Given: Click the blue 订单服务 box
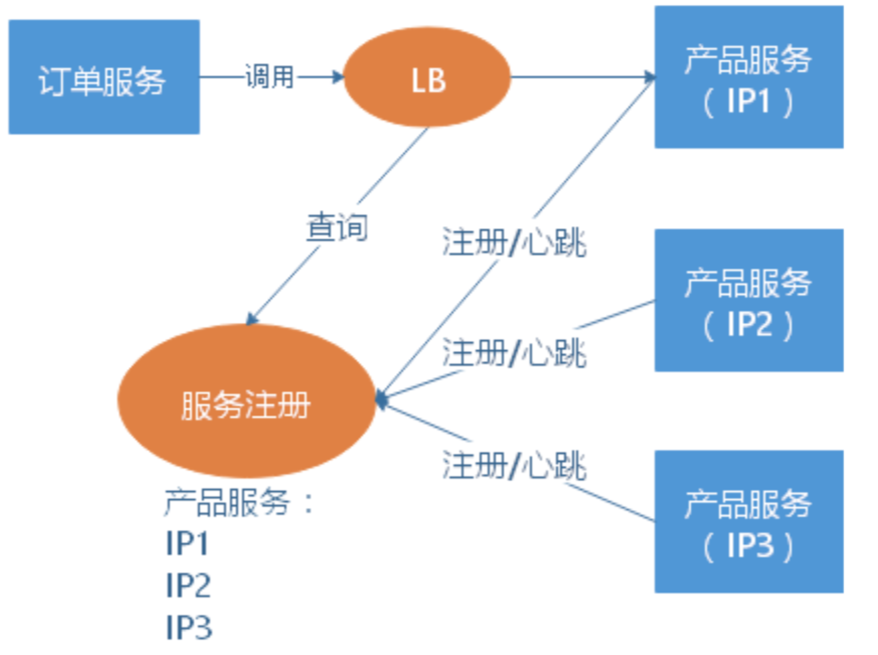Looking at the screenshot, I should click(104, 77).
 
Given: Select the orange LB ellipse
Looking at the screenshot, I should click(427, 77).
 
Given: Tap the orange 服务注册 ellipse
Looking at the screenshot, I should click(246, 401).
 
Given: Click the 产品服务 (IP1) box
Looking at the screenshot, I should click(748, 77).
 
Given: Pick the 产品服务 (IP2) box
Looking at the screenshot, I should click(748, 300).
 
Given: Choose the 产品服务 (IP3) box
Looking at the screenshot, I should click(748, 522).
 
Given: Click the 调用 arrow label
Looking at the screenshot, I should click(269, 77).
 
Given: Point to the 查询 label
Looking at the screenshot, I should click(337, 228).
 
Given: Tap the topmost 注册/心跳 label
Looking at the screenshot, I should click(514, 243).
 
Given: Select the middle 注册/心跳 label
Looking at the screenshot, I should click(514, 352).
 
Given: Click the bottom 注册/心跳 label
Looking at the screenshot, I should click(514, 465).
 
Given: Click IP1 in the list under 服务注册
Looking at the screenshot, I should click(187, 543).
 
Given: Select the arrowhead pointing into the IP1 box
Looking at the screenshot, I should click(649, 77).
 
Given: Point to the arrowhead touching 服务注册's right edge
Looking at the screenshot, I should click(381, 399).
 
